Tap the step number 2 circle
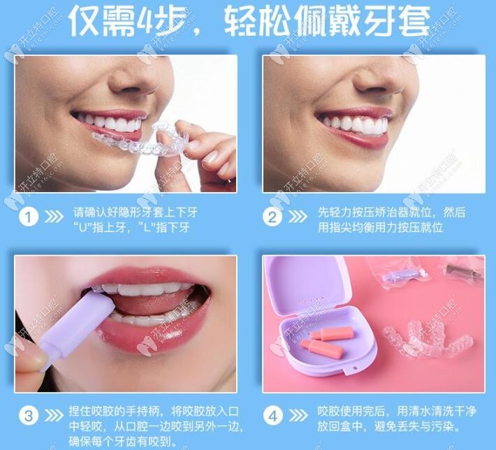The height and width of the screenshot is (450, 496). [x=274, y=217]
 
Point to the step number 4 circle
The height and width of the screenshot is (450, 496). [x=274, y=415]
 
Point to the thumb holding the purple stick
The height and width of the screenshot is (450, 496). [x=31, y=360]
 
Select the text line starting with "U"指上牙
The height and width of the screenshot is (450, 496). [x=131, y=227]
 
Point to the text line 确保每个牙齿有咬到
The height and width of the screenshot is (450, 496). [x=123, y=441]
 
